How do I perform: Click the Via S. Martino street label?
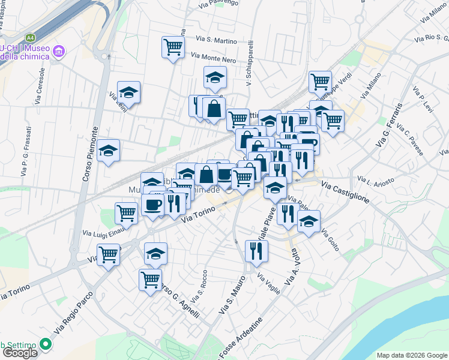click(217, 40)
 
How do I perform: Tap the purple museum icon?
click(59, 52)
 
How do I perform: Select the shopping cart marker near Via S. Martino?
click(173, 47)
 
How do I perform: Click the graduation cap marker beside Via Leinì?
click(128, 92)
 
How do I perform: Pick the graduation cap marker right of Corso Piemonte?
click(109, 150)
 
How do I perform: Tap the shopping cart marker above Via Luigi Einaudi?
click(126, 212)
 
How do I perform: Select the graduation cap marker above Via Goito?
click(309, 221)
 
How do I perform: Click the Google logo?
click(19, 352)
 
